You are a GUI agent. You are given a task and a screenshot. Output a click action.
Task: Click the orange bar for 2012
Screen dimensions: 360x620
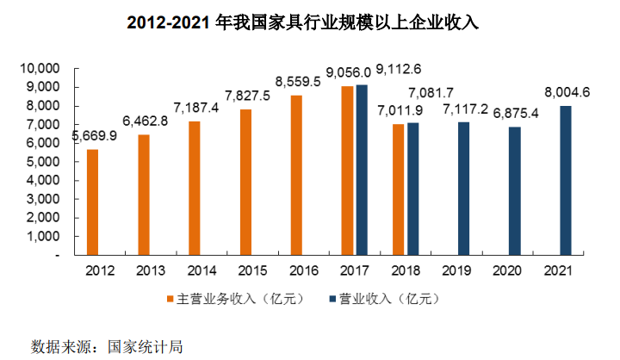92,202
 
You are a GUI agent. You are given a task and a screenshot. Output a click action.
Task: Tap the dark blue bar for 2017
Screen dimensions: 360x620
362,170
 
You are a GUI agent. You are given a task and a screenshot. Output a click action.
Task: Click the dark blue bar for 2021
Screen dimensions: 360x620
565,181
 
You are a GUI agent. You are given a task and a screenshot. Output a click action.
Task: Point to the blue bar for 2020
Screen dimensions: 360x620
514,191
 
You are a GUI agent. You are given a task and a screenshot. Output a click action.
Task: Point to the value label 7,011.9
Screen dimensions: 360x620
395,111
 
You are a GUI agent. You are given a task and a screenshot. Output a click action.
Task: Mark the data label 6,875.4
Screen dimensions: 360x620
513,115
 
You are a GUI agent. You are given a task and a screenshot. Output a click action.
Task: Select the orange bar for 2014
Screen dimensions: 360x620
194,188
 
